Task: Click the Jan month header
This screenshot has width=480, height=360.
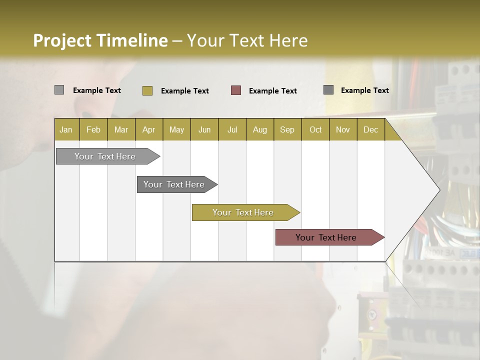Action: [66, 129]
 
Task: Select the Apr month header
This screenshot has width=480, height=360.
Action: [148, 129]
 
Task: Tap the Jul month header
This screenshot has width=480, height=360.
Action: [232, 129]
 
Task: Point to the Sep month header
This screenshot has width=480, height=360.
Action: [287, 129]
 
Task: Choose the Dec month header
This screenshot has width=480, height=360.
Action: [370, 129]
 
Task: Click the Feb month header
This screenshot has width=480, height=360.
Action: [93, 129]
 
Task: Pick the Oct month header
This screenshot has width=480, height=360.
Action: [315, 129]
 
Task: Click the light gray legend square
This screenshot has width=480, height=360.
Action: [59, 90]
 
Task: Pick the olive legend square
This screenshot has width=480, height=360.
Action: [147, 90]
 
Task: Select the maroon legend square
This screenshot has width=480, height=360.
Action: [235, 90]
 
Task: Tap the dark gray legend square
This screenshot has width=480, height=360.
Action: [328, 90]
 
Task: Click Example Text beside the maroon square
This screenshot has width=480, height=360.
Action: [272, 91]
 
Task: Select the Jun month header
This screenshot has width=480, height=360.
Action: [204, 129]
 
